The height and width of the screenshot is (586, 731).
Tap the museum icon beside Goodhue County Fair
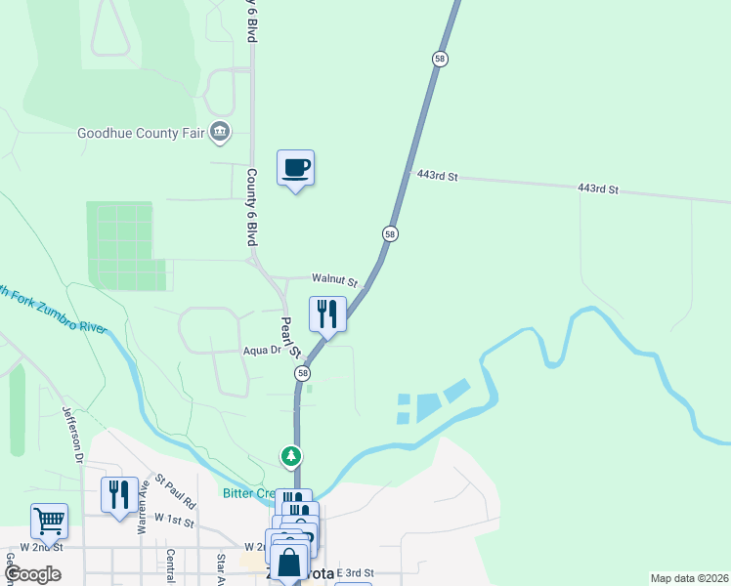pos(220,131)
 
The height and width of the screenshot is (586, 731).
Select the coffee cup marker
pos(295,168)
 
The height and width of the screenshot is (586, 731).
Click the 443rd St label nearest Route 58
pos(437,176)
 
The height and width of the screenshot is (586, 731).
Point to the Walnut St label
pos(335,280)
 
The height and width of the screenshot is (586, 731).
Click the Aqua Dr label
pos(261,350)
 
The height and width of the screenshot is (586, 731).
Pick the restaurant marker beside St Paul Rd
pos(119,494)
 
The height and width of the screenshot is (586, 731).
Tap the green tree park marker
pos(290,456)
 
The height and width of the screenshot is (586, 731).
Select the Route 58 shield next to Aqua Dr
pos(303,374)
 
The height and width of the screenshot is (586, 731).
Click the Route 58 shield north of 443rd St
pos(440,59)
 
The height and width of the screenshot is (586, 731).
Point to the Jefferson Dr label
pos(71,434)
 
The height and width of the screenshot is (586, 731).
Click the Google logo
pos(32,574)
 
